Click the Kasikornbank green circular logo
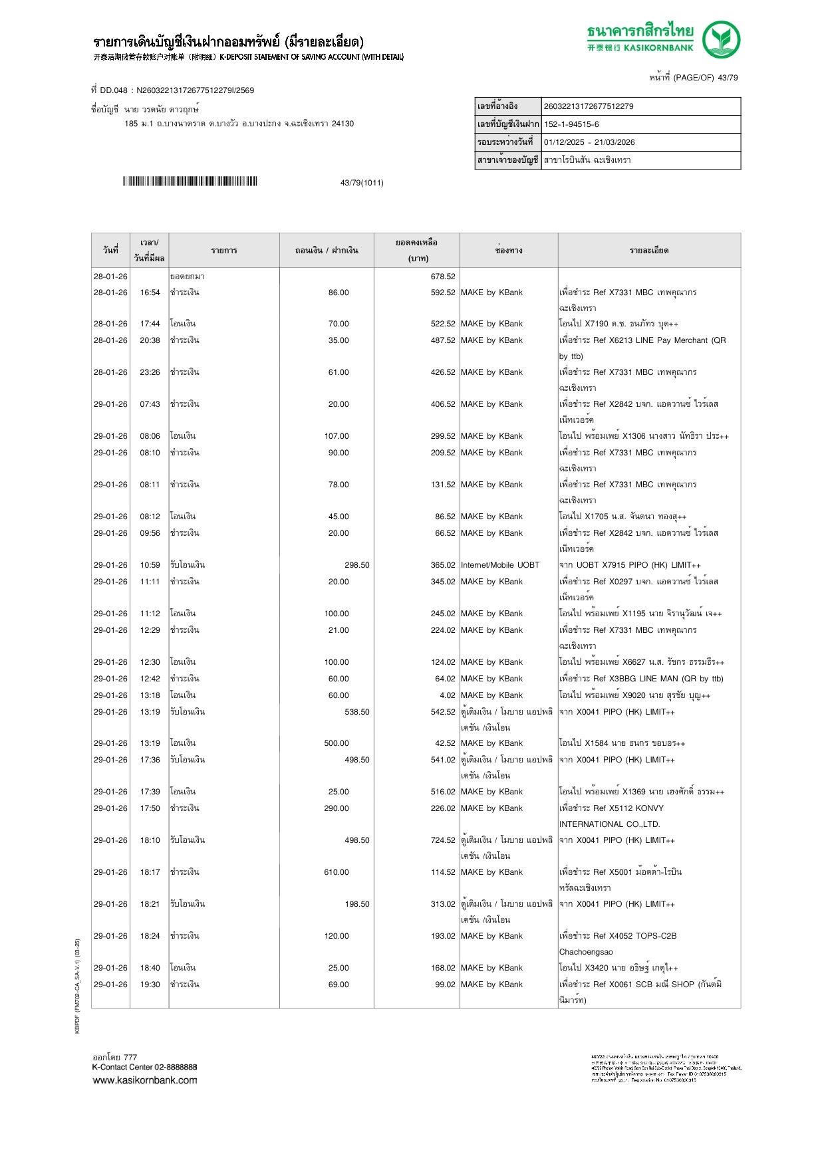[x=721, y=39]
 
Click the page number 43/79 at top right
[x=727, y=78]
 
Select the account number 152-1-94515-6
[x=571, y=124]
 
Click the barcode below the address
[x=190, y=181]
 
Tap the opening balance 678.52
[x=443, y=277]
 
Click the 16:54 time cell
[x=150, y=292]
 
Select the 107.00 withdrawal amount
[x=337, y=436]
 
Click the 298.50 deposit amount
[x=356, y=565]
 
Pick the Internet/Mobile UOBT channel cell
[x=499, y=565]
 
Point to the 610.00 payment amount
[x=337, y=872]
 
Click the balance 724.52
[x=443, y=840]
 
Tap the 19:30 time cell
[x=150, y=985]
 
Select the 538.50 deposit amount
[x=356, y=712]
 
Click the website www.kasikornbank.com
[x=145, y=1080]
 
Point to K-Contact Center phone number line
[x=145, y=1067]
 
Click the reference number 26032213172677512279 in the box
[x=588, y=106]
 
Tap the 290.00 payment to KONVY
[x=337, y=808]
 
